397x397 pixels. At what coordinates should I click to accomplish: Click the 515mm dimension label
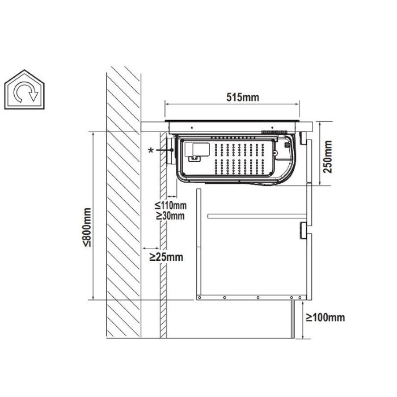(243, 97)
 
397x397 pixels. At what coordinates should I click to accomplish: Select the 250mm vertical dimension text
(328, 157)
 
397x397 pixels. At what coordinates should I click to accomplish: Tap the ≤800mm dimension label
(87, 227)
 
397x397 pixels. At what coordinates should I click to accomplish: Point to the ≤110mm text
(170, 205)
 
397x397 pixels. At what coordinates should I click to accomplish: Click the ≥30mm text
(170, 216)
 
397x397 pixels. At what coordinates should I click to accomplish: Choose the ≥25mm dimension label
(166, 257)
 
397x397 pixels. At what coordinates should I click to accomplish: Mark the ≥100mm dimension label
(326, 317)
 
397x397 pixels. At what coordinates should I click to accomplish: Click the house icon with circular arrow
(24, 90)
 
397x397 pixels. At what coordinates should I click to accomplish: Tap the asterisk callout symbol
(151, 150)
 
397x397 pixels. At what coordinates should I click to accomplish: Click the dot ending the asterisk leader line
(172, 150)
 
